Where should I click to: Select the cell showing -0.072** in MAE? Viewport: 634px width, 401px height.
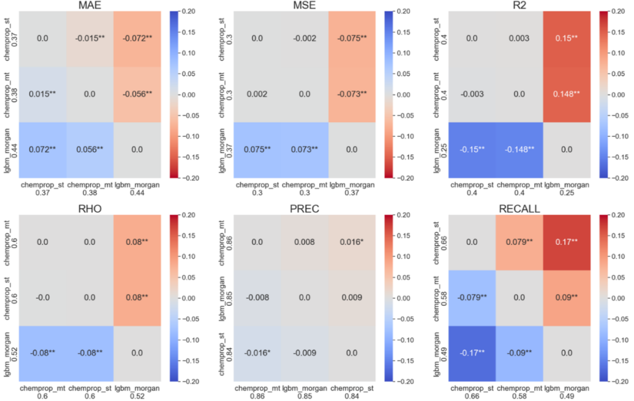(137, 38)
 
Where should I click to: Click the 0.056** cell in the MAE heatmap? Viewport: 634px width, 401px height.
(89, 150)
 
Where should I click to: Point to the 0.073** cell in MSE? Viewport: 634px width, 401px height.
(305, 150)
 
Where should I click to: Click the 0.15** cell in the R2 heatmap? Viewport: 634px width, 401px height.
(566, 38)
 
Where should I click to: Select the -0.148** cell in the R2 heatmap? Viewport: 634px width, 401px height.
(520, 150)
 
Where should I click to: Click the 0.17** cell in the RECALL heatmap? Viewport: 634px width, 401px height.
(566, 241)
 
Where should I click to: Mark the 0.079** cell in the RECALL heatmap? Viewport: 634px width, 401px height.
(520, 241)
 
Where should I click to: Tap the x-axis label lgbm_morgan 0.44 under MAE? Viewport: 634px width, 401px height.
(137, 189)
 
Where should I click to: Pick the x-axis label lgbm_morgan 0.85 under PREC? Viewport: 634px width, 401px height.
(305, 392)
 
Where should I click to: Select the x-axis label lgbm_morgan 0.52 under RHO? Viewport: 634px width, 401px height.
(137, 392)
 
